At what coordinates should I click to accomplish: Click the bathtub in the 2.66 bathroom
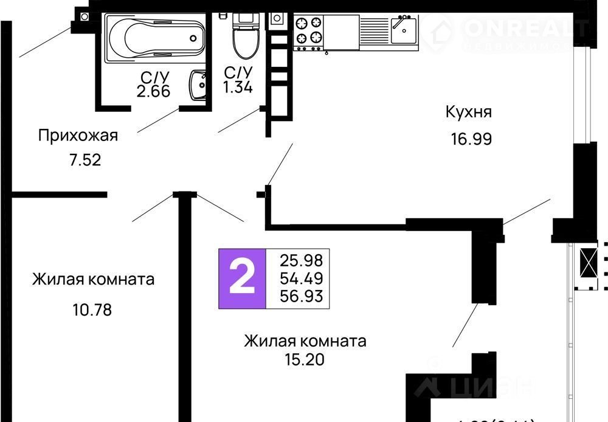point(155,38)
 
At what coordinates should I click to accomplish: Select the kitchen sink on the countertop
point(403,29)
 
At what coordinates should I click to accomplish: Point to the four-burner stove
point(308,31)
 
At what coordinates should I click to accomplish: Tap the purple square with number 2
point(242,278)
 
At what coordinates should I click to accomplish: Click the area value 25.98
point(301,260)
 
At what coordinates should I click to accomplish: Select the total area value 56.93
point(301,297)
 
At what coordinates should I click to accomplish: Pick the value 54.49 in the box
point(301,278)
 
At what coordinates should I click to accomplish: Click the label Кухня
point(468,112)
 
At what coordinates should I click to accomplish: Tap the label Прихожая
point(78,135)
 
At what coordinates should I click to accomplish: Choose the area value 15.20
point(304,359)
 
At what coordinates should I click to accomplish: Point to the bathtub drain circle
point(193,38)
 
